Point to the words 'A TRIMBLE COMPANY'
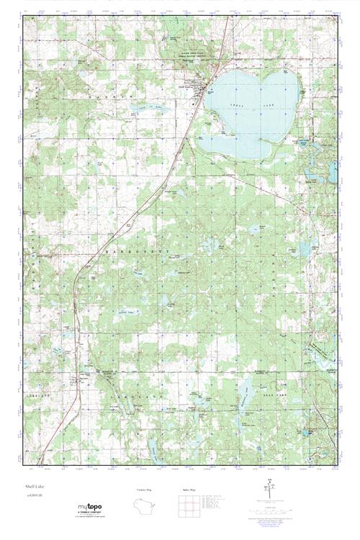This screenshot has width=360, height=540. pos(91,512)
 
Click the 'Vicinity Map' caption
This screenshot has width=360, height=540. pos(145,490)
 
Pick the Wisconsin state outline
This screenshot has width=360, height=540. pos(145,507)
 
